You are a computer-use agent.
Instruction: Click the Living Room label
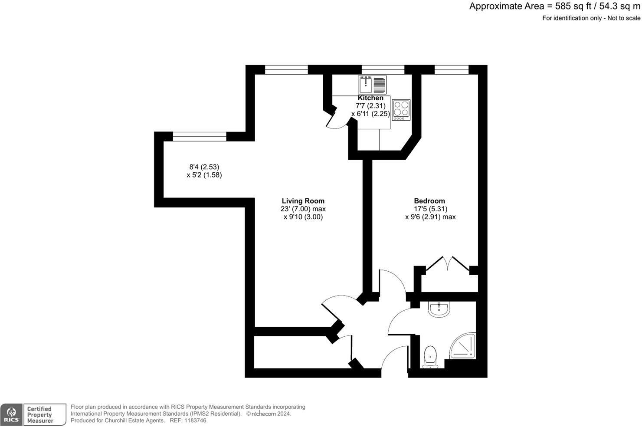(303, 201)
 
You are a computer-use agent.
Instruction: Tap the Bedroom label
(429, 201)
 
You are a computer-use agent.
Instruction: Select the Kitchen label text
(370, 98)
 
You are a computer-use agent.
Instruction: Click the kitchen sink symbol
(372, 85)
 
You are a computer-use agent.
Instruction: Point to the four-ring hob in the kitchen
(401, 110)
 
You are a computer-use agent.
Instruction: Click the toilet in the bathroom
(430, 357)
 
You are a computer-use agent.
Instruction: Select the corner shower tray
(463, 346)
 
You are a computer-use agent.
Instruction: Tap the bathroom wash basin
(439, 309)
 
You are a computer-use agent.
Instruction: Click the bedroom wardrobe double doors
(448, 264)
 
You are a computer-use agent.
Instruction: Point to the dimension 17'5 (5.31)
(429, 209)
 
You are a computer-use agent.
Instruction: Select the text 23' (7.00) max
(303, 209)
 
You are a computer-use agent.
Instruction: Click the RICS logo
(11, 415)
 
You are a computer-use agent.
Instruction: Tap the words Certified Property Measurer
(39, 415)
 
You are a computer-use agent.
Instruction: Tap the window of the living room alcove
(200, 137)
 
